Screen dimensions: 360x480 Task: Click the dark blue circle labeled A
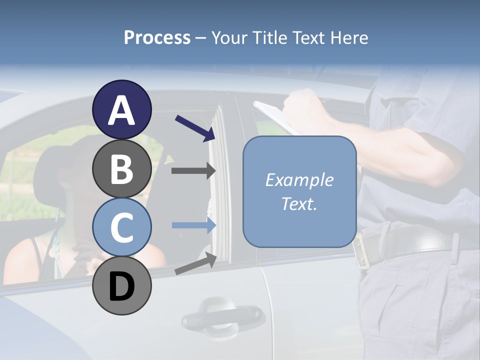point(121,109)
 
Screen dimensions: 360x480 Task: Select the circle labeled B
point(121,168)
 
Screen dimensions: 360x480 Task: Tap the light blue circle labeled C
point(121,227)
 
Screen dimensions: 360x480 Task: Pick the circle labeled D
point(121,285)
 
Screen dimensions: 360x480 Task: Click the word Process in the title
point(157,37)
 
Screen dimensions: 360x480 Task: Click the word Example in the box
point(299,179)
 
